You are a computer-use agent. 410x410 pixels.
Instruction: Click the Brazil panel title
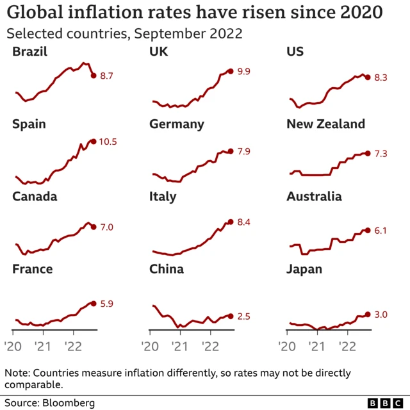click(29, 52)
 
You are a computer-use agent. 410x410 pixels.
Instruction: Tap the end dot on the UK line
click(230, 71)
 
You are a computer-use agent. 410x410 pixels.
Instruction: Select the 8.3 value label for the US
click(381, 78)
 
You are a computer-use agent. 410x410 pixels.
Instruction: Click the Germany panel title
click(177, 124)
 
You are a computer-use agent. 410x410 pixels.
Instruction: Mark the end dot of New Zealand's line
click(367, 152)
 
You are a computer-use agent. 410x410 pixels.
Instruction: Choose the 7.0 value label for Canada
click(106, 227)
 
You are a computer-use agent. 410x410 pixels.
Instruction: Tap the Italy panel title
click(163, 197)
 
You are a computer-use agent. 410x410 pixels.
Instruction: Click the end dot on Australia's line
click(367, 230)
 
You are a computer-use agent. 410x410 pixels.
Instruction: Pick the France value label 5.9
click(106, 304)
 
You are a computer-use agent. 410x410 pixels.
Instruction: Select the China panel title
click(167, 269)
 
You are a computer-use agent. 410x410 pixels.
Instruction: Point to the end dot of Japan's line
click(367, 314)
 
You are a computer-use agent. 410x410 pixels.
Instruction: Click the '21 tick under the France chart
click(43, 346)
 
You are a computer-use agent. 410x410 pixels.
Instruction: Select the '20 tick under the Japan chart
click(288, 346)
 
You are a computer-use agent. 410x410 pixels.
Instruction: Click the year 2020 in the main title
click(360, 13)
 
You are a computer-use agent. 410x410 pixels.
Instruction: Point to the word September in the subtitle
click(158, 33)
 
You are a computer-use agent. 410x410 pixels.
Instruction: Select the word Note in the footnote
click(17, 373)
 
